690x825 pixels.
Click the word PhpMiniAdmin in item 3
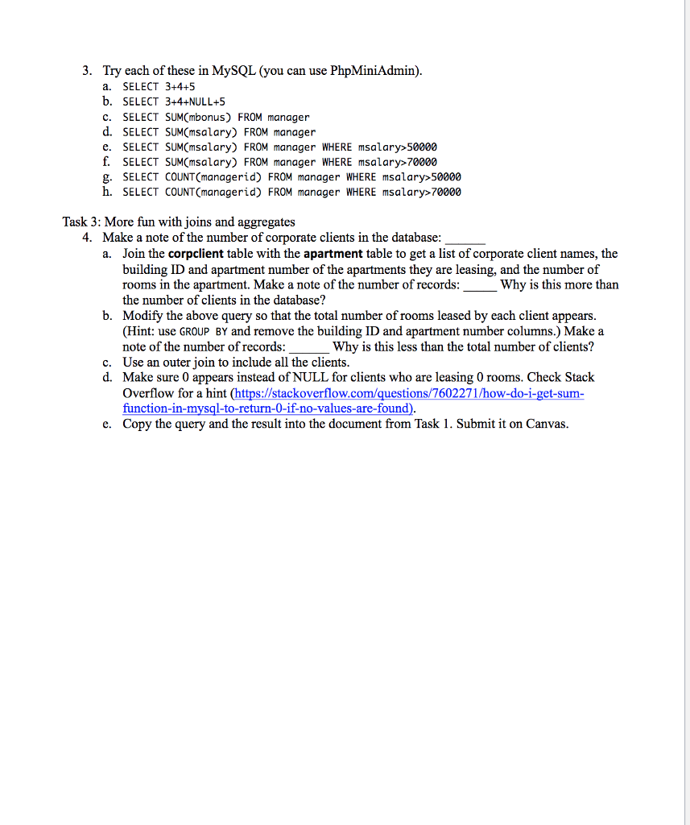(x=374, y=71)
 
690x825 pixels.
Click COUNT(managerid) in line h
(x=213, y=192)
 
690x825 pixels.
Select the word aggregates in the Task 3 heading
(x=265, y=222)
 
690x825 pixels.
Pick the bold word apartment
(x=333, y=254)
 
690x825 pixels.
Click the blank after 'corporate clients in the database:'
(x=465, y=239)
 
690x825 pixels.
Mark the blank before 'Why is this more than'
(x=480, y=285)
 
